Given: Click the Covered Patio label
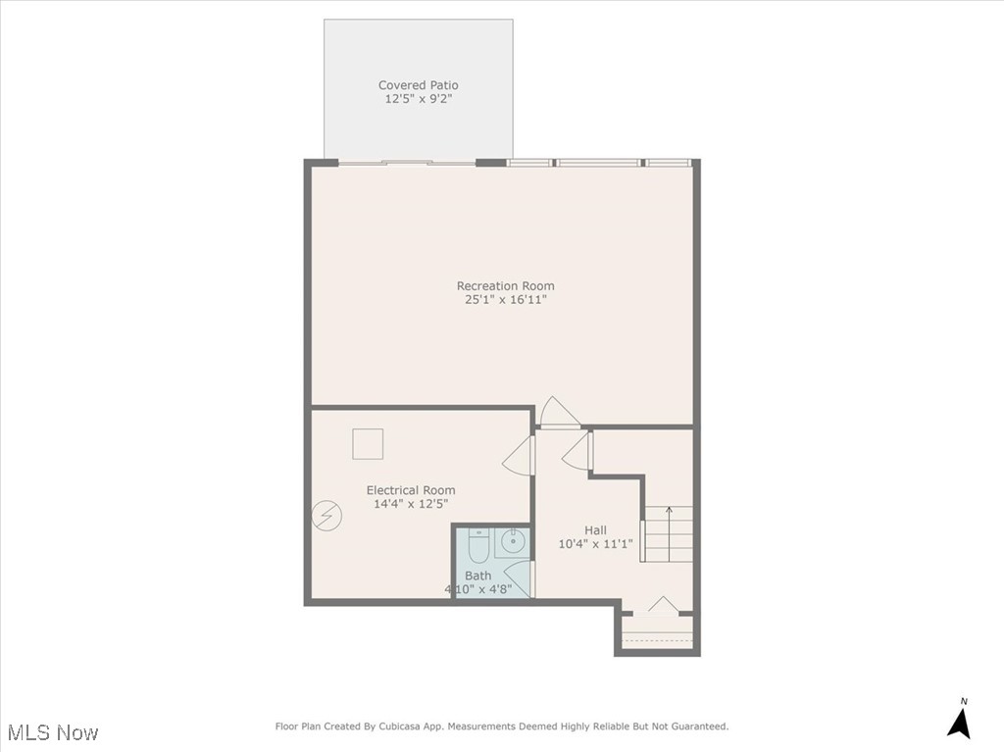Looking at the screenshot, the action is [x=418, y=85].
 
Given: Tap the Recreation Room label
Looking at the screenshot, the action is [x=505, y=286].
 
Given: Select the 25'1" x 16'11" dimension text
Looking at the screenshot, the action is [x=505, y=300].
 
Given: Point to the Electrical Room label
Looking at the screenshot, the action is [x=411, y=490].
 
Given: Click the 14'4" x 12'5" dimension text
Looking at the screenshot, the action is [x=411, y=504].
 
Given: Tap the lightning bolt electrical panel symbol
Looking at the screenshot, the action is [x=326, y=516].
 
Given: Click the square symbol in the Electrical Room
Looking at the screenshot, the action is [x=368, y=444].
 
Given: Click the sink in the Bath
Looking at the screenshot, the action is [x=512, y=541].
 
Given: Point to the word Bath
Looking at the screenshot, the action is [x=477, y=576].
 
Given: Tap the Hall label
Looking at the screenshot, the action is [x=595, y=530].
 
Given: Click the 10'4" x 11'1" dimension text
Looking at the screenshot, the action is [x=595, y=544].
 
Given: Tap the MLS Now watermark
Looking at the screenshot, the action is [x=53, y=732].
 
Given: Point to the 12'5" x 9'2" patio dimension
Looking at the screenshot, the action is [x=418, y=99].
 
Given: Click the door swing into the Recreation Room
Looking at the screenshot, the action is [x=560, y=413].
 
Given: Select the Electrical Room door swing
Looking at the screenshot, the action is [x=518, y=456].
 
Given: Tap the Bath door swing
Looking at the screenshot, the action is [x=519, y=579].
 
